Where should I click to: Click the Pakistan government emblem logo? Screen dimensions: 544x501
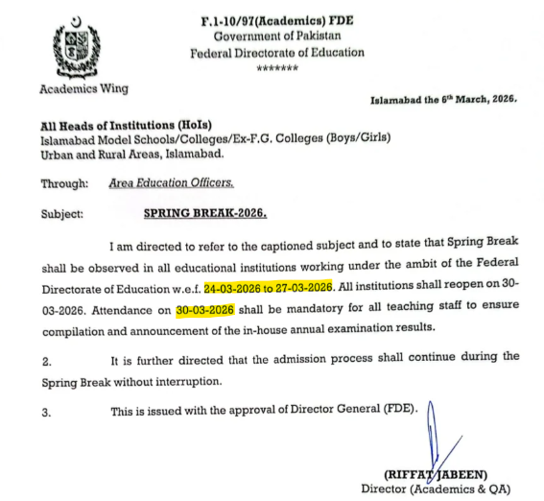[x=75, y=47]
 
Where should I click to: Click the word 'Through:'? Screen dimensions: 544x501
[x=66, y=182]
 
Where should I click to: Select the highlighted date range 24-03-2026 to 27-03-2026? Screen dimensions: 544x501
[x=268, y=287]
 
